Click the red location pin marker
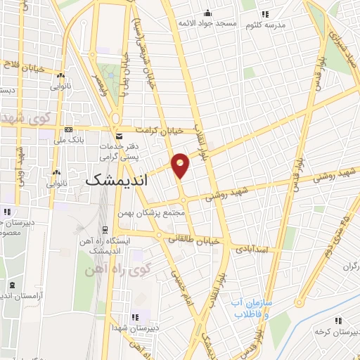181,165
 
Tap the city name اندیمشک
117,180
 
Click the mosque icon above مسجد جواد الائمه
207,13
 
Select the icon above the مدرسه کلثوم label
264,14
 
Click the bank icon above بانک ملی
68,130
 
